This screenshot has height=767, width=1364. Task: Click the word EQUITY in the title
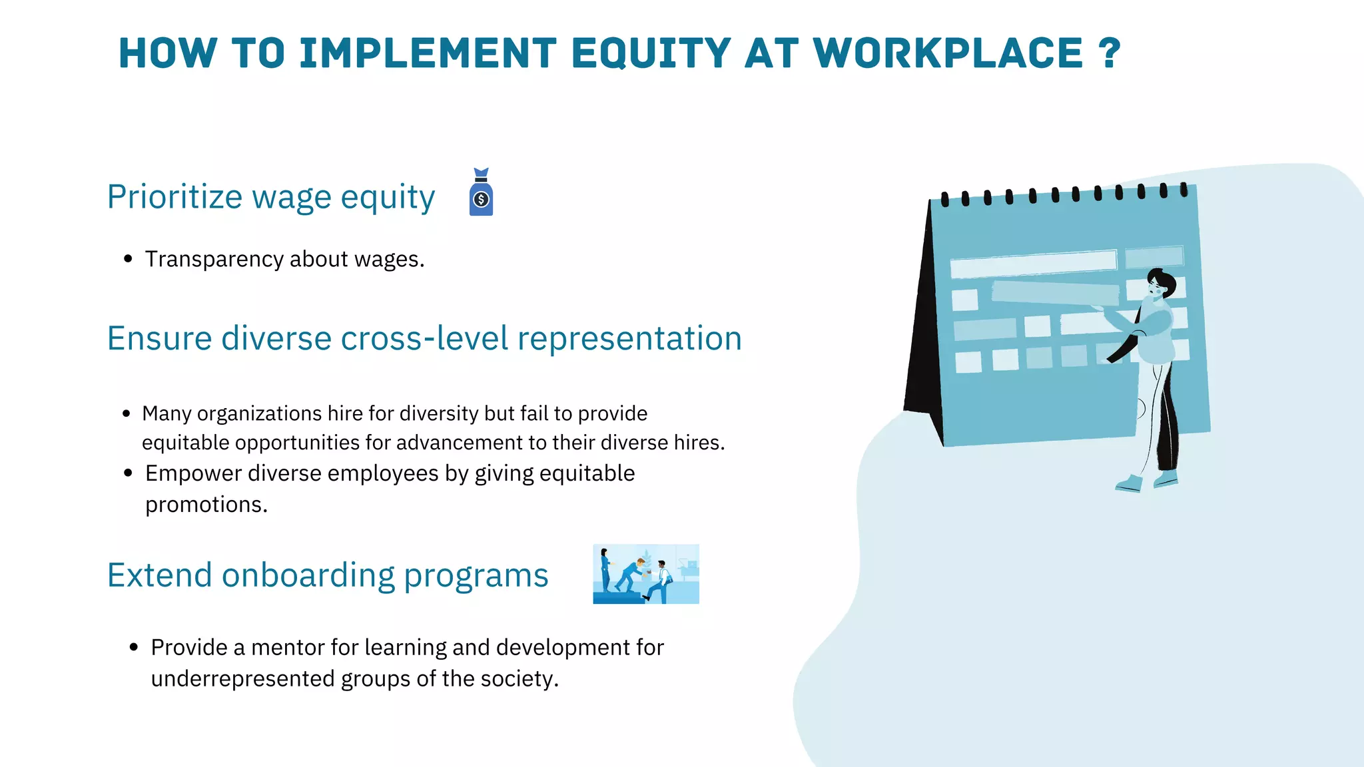pyautogui.click(x=651, y=54)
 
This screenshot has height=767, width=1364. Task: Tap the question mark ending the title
pyautogui.click(x=1110, y=54)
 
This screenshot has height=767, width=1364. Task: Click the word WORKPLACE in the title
pyautogui.click(x=948, y=54)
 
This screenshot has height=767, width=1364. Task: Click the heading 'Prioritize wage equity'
pyautogui.click(x=271, y=197)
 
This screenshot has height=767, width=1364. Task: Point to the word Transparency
pyautogui.click(x=214, y=259)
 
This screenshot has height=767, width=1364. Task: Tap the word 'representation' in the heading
pyautogui.click(x=629, y=338)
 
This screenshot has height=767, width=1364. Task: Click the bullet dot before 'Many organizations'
pyautogui.click(x=127, y=414)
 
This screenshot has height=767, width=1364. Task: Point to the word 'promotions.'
pyautogui.click(x=206, y=505)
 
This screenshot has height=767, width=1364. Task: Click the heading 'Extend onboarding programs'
pyautogui.click(x=328, y=575)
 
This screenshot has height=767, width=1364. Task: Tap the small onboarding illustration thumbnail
pyautogui.click(x=646, y=574)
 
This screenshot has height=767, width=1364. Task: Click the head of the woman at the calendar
pyautogui.click(x=1160, y=282)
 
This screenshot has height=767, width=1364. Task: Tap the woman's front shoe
pyautogui.click(x=1129, y=483)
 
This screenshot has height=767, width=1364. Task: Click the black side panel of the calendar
pyautogui.click(x=922, y=333)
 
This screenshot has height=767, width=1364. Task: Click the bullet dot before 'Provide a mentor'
pyautogui.click(x=134, y=647)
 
